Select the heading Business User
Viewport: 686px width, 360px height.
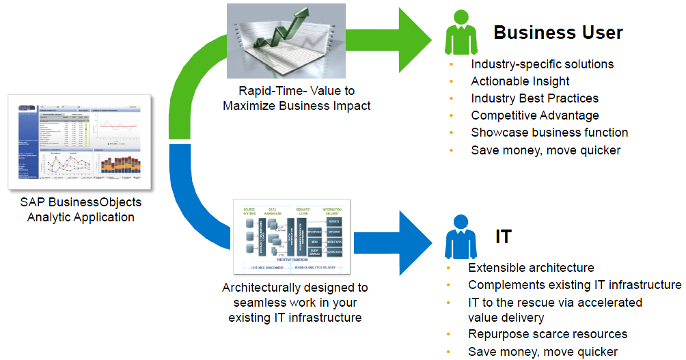coord(558,32)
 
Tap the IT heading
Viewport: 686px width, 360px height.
coord(503,236)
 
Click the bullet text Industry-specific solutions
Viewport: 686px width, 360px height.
coord(542,64)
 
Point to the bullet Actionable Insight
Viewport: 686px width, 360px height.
coord(520,81)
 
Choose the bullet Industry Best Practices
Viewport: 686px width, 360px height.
coord(534,98)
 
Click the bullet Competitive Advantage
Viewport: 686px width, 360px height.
coord(534,115)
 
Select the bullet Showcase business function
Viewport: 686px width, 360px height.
coord(549,133)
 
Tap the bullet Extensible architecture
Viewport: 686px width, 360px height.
coord(531,268)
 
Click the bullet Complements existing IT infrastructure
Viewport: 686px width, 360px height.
coord(574,285)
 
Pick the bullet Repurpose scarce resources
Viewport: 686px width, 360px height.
coord(547,335)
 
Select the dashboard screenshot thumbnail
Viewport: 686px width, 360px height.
coord(81,142)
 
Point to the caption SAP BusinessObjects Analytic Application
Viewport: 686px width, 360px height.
coord(81,210)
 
